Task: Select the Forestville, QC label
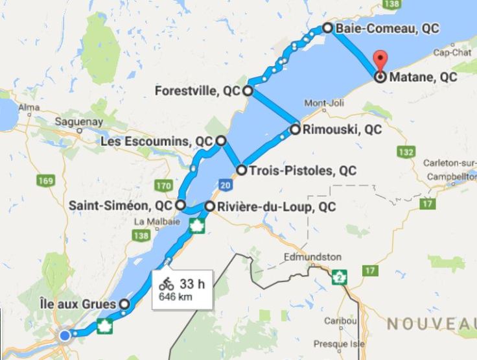point(198,91)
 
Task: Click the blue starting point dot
point(65,335)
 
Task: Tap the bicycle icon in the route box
point(167,283)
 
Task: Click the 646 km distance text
point(176,298)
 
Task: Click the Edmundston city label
point(313,257)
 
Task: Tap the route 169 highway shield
point(45,180)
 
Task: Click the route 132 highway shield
point(406,152)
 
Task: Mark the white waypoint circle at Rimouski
point(296,129)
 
